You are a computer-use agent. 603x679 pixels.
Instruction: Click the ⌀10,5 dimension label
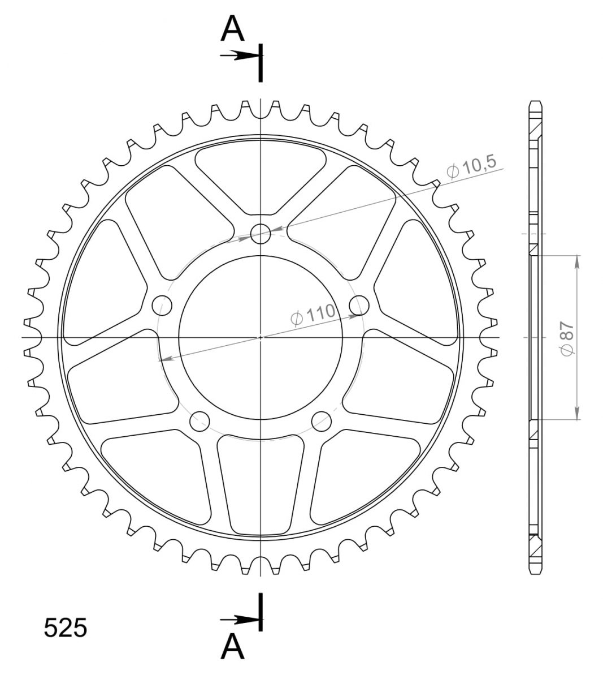point(471,167)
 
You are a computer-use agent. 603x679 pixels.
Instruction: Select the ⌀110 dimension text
point(313,315)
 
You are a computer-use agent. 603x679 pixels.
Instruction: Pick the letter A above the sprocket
point(232,29)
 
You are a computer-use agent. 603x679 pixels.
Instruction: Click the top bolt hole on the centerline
point(261,234)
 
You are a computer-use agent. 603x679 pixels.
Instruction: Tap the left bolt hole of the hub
point(162,306)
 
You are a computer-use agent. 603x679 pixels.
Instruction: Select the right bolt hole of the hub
point(359,306)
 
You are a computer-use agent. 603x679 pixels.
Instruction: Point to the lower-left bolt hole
point(199,422)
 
